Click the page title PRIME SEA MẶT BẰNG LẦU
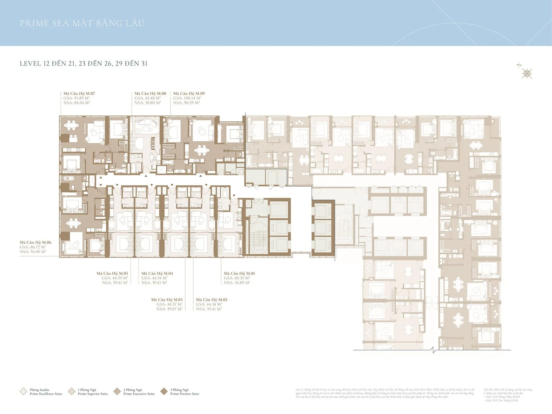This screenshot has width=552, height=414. (x=82, y=23)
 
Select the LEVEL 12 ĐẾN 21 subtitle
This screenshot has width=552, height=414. (x=84, y=63)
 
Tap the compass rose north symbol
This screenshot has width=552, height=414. (x=527, y=74)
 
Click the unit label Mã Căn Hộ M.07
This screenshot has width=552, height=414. (x=79, y=93)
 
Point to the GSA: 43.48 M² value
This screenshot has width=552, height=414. (x=147, y=98)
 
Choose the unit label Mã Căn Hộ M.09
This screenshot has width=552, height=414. (x=189, y=93)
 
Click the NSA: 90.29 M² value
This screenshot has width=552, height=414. (x=186, y=103)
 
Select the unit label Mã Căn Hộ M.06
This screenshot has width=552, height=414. (x=35, y=243)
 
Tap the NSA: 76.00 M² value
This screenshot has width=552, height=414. (x=33, y=252)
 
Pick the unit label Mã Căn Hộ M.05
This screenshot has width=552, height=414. (x=112, y=273)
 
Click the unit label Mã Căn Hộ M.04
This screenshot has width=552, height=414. (x=157, y=273)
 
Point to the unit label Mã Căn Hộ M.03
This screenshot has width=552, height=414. (x=167, y=300)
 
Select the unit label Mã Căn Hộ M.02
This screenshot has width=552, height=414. (x=212, y=300)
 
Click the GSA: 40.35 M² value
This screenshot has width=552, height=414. (x=237, y=278)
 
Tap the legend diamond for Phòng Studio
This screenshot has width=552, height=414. (x=23, y=392)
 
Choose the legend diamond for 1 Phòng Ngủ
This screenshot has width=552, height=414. (x=71, y=392)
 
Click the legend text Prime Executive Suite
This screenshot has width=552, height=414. (x=139, y=394)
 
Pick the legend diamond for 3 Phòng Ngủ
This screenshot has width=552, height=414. (x=164, y=392)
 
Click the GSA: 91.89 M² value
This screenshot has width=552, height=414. (x=77, y=98)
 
